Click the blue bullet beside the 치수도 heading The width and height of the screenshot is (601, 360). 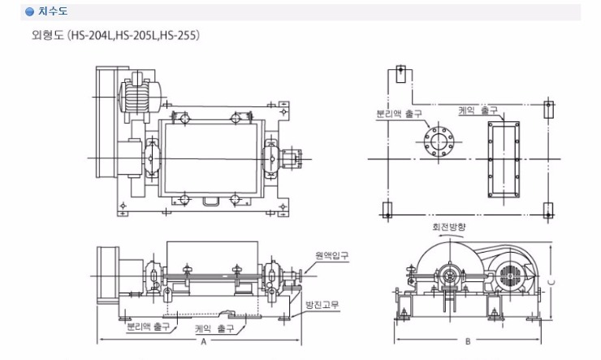[29, 12]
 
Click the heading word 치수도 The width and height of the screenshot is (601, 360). [53, 11]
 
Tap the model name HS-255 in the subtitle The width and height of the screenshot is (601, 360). [179, 35]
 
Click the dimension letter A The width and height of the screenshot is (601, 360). [204, 340]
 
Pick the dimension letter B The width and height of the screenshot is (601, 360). [468, 340]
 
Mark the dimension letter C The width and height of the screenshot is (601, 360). [551, 283]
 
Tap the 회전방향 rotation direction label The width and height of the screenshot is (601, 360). [449, 227]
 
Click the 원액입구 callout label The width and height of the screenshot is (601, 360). [332, 255]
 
